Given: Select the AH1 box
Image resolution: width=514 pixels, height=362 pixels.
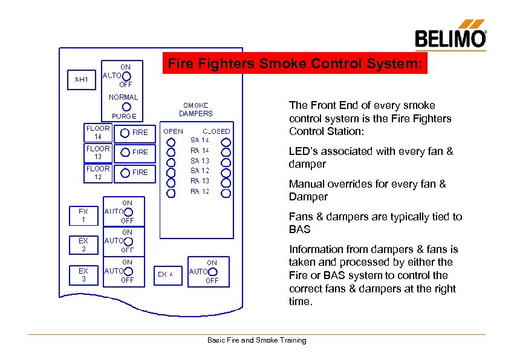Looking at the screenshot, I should click(x=81, y=79).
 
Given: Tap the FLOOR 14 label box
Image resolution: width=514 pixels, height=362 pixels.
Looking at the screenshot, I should click(x=98, y=132).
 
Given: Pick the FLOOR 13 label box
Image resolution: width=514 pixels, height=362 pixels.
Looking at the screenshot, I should click(x=98, y=153).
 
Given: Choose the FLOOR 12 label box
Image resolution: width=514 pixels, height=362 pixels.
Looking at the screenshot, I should click(x=98, y=173).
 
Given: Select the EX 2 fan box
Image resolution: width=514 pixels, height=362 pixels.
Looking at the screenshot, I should click(x=83, y=245).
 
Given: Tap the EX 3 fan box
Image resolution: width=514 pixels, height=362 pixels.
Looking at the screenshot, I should click(x=83, y=275).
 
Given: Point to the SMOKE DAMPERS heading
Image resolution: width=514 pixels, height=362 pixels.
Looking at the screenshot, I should click(x=196, y=109).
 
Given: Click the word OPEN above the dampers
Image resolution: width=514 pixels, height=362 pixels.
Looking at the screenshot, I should click(x=174, y=131).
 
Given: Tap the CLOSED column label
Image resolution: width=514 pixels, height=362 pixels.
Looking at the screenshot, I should click(x=216, y=131).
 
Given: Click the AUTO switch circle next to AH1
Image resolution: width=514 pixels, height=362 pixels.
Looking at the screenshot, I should click(x=126, y=76).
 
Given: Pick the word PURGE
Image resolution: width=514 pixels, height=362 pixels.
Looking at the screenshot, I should click(x=124, y=116).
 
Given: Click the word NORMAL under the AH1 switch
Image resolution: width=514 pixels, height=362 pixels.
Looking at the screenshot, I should click(x=123, y=97).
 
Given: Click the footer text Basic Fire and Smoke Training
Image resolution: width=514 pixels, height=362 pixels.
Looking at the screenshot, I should click(x=257, y=340).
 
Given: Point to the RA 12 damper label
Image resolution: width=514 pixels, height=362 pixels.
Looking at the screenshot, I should click(x=200, y=191).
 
